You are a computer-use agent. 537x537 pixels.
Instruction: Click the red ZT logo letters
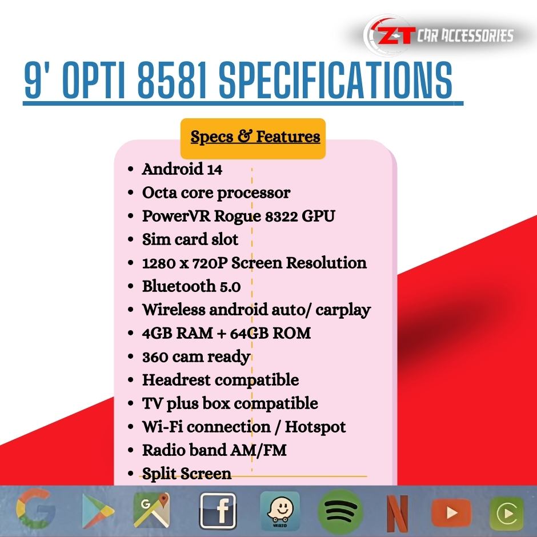click(396, 35)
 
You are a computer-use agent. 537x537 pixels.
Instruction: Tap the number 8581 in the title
click(173, 80)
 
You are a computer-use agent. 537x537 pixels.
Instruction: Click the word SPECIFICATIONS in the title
click(336, 80)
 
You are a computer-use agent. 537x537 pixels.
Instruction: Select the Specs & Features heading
click(255, 137)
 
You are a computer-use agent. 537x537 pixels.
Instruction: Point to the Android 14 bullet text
click(182, 169)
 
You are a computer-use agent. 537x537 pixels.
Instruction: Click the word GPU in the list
click(318, 216)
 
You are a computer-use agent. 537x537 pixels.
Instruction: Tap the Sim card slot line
click(190, 239)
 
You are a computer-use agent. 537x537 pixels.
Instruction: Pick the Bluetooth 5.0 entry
click(191, 286)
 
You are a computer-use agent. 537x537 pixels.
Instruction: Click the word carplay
click(343, 310)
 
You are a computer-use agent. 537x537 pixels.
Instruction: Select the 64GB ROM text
click(270, 333)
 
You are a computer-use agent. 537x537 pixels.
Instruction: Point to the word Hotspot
click(315, 427)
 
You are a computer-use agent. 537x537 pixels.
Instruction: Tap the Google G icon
click(35, 510)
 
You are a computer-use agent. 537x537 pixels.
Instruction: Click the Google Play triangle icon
click(97, 511)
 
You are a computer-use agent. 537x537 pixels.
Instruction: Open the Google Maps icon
click(151, 510)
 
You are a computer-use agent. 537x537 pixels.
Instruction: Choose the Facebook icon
click(218, 511)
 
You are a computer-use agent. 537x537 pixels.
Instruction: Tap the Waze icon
click(280, 511)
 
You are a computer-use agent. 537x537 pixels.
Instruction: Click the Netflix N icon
click(398, 514)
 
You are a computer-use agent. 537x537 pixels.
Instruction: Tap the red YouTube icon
click(451, 512)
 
